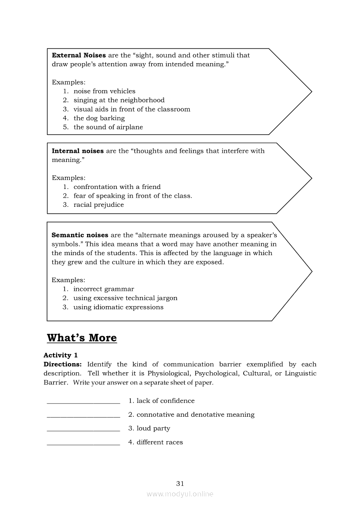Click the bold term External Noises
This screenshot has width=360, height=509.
pyautogui.click(x=78, y=55)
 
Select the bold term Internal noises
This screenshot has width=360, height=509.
pyautogui.click(x=78, y=151)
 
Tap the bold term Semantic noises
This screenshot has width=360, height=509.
pyautogui.click(x=80, y=235)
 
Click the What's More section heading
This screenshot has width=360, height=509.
pyautogui.click(x=82, y=338)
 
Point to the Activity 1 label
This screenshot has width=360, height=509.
pyautogui.click(x=61, y=355)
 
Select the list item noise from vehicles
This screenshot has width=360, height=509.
pyautogui.click(x=104, y=91)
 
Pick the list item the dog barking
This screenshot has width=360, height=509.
pyautogui.click(x=99, y=118)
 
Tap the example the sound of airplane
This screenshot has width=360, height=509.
pyautogui.click(x=108, y=128)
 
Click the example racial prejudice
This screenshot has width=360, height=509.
pyautogui.click(x=98, y=205)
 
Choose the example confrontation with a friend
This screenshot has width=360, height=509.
pyautogui.click(x=117, y=187)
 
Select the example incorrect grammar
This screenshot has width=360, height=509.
pyautogui.click(x=104, y=289)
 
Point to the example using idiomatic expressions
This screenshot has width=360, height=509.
pyautogui.click(x=118, y=307)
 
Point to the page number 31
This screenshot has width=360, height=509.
pyautogui.click(x=180, y=484)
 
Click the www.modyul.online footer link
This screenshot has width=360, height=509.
pyautogui.click(x=180, y=494)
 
